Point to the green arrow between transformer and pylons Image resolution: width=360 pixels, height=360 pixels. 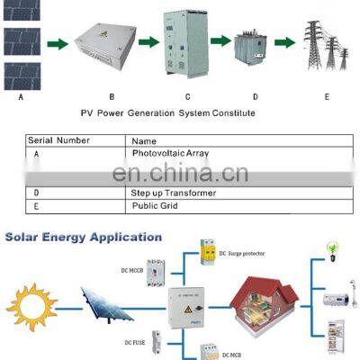click(x=285, y=42)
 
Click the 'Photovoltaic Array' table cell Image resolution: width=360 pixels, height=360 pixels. click(x=170, y=154)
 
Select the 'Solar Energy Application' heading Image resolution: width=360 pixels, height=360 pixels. click(x=83, y=238)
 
